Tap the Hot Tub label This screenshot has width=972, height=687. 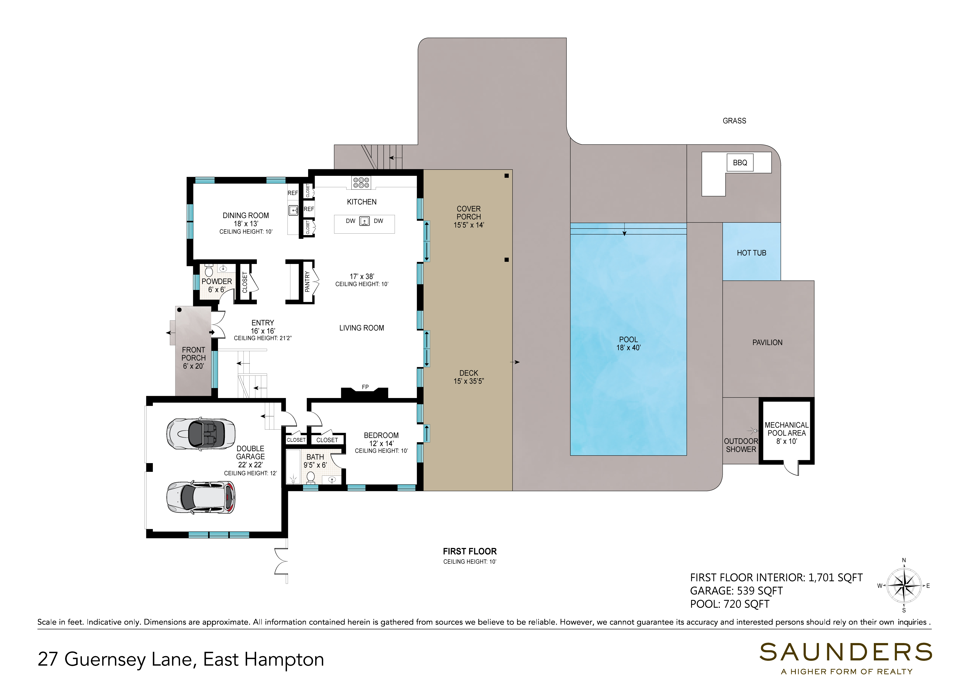(751, 253)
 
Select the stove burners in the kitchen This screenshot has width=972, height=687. (361, 183)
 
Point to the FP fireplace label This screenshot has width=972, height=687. (365, 387)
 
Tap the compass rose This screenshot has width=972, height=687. (904, 586)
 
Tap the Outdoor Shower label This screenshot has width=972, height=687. (741, 445)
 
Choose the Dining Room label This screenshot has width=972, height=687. (245, 216)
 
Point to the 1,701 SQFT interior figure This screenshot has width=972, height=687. (835, 578)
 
